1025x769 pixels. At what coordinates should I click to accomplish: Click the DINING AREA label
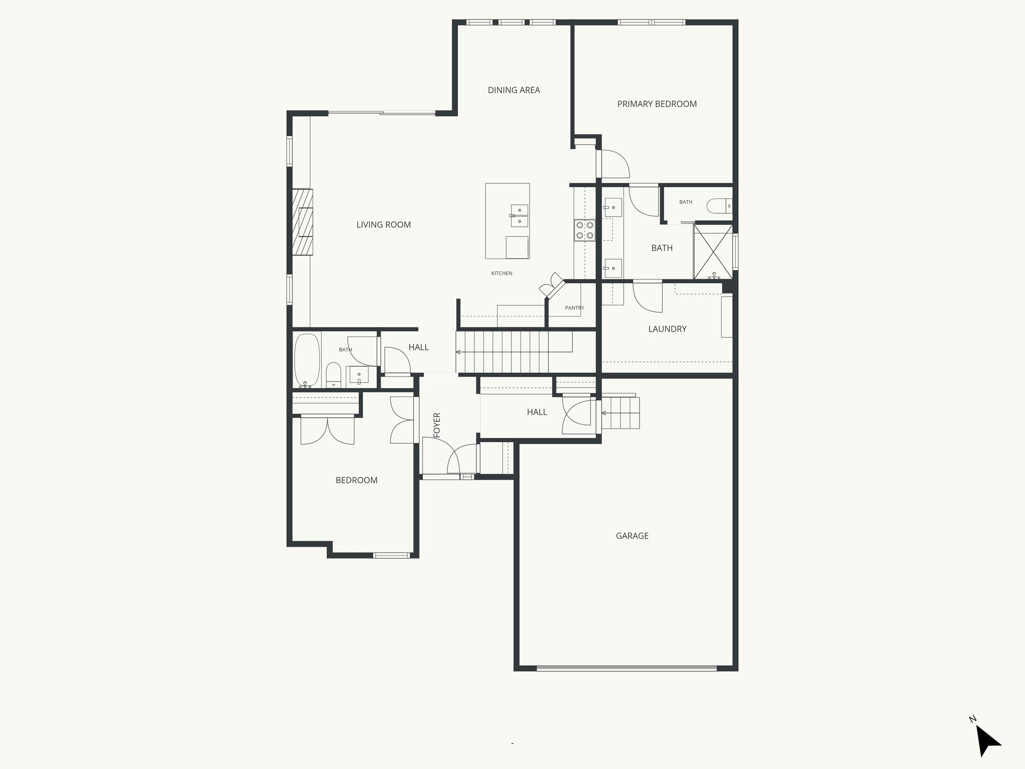click(x=514, y=90)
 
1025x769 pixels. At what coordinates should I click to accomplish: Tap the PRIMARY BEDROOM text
click(x=657, y=104)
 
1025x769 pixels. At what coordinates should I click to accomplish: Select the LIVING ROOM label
click(x=383, y=225)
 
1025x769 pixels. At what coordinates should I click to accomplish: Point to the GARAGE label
click(x=632, y=536)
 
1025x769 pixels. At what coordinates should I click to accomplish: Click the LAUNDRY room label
click(x=667, y=329)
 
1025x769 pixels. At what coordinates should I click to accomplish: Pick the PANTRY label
click(x=574, y=308)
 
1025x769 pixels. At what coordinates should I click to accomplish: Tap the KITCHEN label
click(x=501, y=273)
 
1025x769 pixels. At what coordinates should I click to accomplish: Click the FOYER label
click(x=437, y=425)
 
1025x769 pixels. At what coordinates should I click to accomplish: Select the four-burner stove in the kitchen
click(x=585, y=230)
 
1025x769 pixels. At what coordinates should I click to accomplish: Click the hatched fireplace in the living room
click(x=303, y=222)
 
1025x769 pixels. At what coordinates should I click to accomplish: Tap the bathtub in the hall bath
click(x=306, y=360)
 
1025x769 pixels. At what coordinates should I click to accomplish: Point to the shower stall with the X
click(x=713, y=251)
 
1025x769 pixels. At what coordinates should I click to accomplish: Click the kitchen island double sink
click(x=519, y=216)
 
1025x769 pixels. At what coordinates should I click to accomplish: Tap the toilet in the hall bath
click(x=333, y=375)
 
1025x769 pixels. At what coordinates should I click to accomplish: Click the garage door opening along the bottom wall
click(x=627, y=668)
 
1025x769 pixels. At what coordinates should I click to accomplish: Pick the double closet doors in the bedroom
click(x=327, y=431)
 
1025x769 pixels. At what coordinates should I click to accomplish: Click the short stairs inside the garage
click(x=621, y=413)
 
